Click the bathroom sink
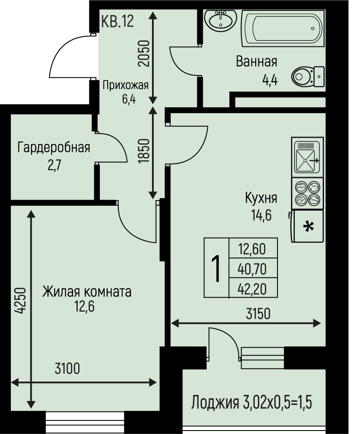(221, 20)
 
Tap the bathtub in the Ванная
(283, 28)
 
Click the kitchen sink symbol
(307, 157)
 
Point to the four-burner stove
(307, 193)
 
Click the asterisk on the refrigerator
(308, 227)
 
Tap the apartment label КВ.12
(117, 21)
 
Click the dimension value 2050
(144, 53)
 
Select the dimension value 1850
(144, 151)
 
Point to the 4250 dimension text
(20, 301)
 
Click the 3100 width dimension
(67, 368)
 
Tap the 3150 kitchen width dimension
(258, 314)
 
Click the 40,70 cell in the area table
(252, 269)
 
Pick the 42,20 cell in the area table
(252, 289)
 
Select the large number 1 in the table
(216, 268)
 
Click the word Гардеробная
(54, 147)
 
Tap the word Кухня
(261, 198)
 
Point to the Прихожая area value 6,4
(129, 99)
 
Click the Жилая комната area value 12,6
(84, 307)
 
